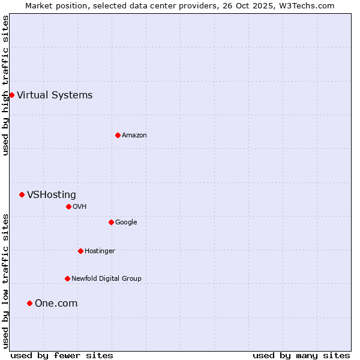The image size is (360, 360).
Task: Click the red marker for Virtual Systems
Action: coord(11,95)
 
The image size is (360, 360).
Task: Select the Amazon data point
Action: coord(118,135)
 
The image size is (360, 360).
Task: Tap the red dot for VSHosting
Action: coord(22,194)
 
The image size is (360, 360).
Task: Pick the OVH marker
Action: coord(68,206)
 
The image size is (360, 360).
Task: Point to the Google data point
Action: coord(111,222)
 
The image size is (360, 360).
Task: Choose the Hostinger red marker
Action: coord(80,251)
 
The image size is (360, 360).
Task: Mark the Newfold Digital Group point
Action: coord(67,278)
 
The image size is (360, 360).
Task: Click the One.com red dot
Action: coord(29,303)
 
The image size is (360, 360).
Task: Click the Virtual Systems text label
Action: coord(55,95)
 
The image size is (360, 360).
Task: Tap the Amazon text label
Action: coord(134,135)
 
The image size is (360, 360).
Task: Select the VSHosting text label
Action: coord(52,194)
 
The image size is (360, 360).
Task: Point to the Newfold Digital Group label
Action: coord(106,278)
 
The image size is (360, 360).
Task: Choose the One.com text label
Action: coord(56,303)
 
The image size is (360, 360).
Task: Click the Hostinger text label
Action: coord(100,251)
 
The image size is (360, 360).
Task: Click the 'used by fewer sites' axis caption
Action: coord(62,355)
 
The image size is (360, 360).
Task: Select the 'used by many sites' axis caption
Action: coord(301,355)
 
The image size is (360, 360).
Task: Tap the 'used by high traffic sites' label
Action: coord(5,85)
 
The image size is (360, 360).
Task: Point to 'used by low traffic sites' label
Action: coord(5,281)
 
